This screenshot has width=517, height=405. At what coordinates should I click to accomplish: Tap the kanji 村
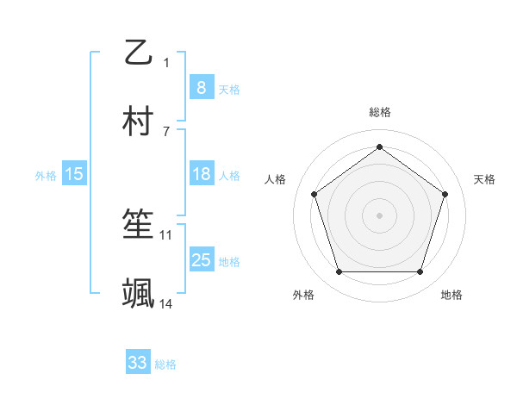click(x=139, y=122)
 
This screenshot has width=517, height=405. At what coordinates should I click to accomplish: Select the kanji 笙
click(x=139, y=226)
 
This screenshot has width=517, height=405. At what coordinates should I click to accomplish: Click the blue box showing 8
click(x=201, y=87)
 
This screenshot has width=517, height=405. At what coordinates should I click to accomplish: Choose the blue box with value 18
click(x=201, y=174)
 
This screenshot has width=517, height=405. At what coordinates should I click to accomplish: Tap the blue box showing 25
click(x=201, y=260)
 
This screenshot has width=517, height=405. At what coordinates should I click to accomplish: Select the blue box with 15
click(x=74, y=174)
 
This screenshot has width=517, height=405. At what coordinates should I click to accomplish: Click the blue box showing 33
click(x=138, y=363)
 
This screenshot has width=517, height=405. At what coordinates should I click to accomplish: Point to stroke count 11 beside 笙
click(x=166, y=234)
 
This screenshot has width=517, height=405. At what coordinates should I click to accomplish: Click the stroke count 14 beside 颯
click(x=166, y=303)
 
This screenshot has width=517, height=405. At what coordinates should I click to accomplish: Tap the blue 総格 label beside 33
click(x=165, y=364)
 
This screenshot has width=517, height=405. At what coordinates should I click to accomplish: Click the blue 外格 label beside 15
click(x=46, y=175)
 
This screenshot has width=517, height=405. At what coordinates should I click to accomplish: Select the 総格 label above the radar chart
click(x=380, y=112)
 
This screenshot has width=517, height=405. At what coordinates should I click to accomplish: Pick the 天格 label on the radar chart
click(x=484, y=179)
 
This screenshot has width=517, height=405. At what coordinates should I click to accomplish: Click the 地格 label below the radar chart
click(x=452, y=295)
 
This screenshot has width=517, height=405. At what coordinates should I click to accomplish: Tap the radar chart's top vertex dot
click(x=380, y=146)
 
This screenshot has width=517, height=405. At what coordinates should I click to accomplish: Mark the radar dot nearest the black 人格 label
click(x=315, y=194)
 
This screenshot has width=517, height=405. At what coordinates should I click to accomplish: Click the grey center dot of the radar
click(x=380, y=215)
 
